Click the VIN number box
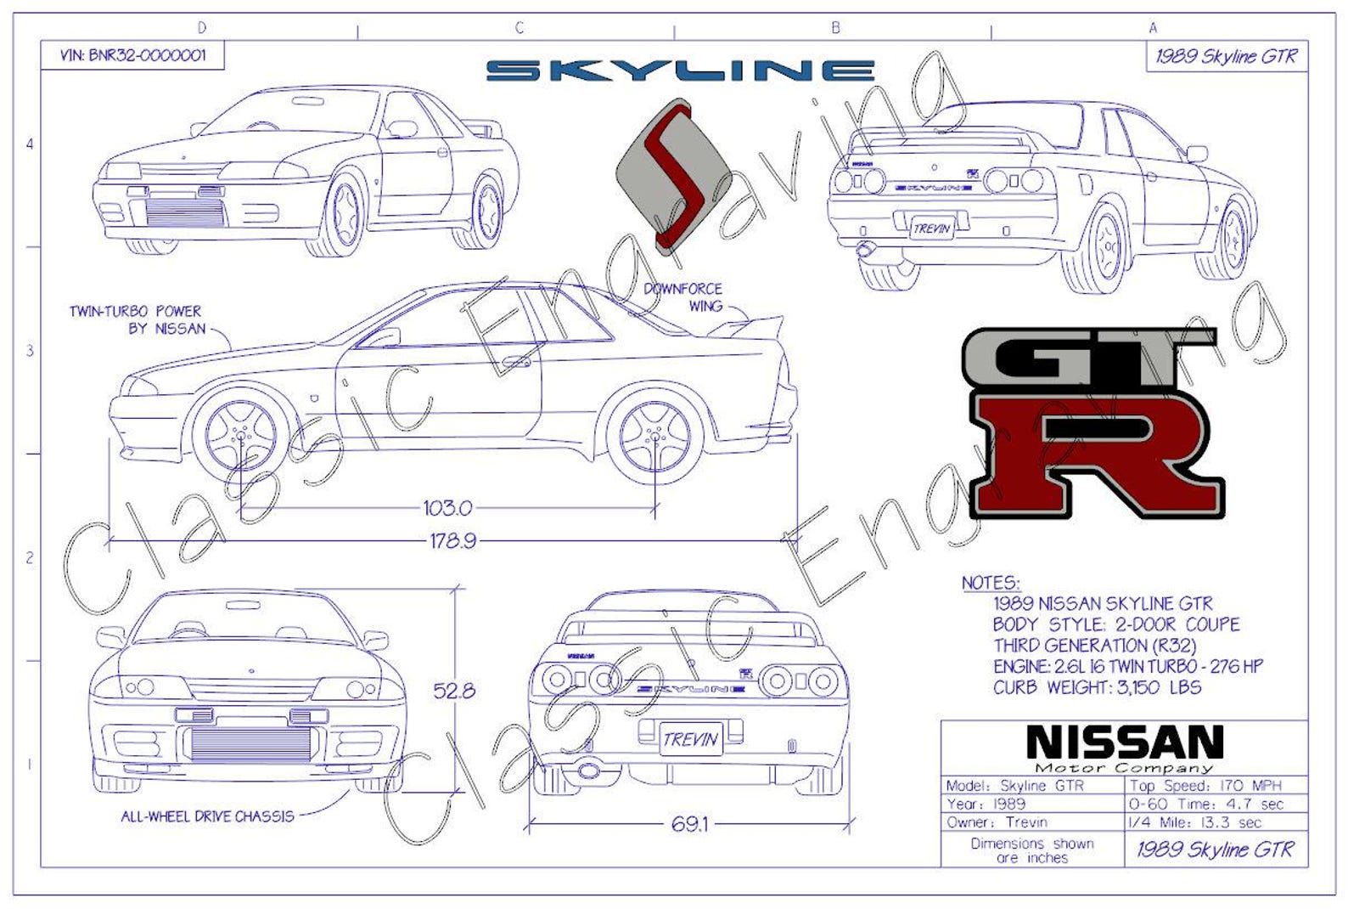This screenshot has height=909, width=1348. (x=132, y=56)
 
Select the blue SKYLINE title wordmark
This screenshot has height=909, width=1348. (x=680, y=71)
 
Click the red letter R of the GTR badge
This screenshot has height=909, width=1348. (x=1095, y=454)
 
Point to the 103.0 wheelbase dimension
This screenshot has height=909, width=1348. (x=447, y=508)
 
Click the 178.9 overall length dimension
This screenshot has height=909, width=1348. (x=452, y=540)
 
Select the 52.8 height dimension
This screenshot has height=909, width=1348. (x=454, y=691)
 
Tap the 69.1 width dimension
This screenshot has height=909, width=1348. (x=688, y=823)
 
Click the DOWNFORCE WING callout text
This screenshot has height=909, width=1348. (x=683, y=297)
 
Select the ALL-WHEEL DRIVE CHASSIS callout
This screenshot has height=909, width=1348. (x=207, y=816)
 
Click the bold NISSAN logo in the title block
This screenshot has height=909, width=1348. (x=1124, y=742)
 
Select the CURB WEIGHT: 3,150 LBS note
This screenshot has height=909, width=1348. (x=1097, y=687)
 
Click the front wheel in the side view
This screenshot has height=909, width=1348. (x=241, y=436)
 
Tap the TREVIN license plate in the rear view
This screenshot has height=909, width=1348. (x=691, y=738)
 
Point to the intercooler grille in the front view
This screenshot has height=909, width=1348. (x=250, y=744)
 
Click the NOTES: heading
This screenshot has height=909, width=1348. (x=990, y=583)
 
